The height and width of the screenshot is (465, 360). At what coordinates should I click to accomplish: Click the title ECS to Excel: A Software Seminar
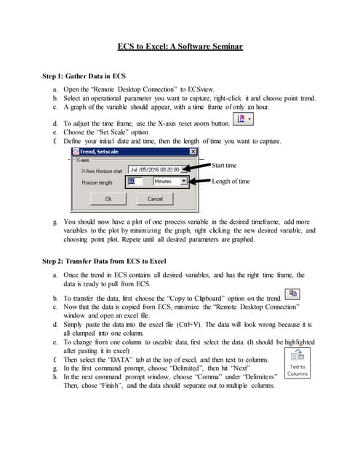click(x=180, y=46)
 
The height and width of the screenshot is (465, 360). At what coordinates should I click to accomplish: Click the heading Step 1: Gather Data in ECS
click(x=84, y=76)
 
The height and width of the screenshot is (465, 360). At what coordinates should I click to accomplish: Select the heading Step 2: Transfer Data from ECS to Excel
click(x=104, y=262)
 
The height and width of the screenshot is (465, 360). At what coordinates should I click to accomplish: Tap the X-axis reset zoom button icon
click(x=243, y=119)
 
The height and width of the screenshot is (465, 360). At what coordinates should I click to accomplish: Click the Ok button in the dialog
click(x=108, y=199)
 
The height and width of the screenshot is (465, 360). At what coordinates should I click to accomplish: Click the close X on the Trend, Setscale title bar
click(x=193, y=152)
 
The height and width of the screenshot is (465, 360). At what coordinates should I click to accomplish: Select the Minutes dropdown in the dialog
click(x=170, y=181)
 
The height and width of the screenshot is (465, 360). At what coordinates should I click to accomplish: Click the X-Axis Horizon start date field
click(x=158, y=169)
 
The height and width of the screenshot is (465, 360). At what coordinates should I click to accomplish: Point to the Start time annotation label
click(x=224, y=166)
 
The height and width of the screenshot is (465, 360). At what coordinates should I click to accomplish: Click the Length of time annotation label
click(x=231, y=181)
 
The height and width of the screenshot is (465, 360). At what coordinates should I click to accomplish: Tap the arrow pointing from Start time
click(x=196, y=167)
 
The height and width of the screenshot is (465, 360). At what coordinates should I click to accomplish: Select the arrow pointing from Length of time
click(x=200, y=181)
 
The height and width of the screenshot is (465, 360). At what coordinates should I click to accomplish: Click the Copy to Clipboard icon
click(x=292, y=294)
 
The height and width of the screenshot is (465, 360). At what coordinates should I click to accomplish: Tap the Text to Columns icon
click(x=297, y=363)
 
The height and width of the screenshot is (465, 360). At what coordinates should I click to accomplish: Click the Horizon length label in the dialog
click(x=97, y=182)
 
